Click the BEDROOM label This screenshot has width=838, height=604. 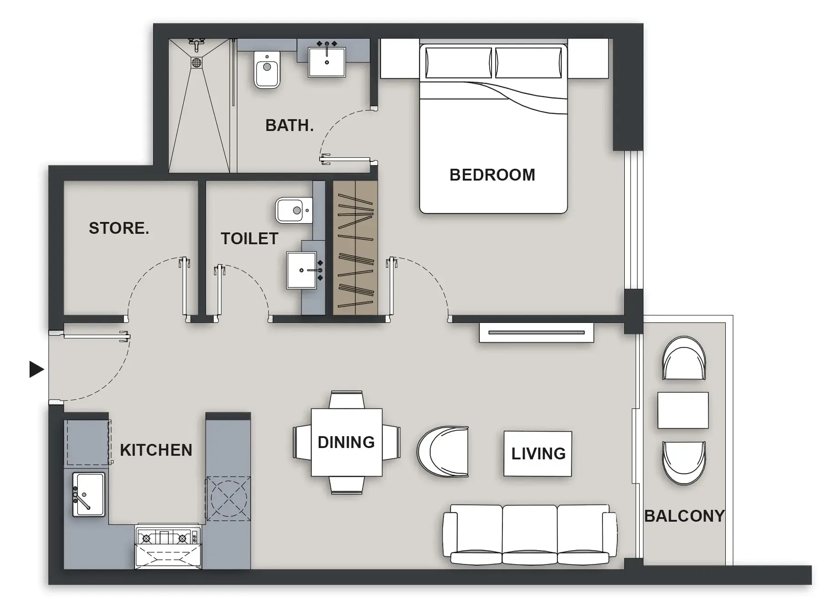[492, 175]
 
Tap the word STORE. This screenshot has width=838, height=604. [119, 228]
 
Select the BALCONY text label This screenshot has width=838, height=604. [684, 516]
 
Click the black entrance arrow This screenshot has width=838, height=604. [36, 369]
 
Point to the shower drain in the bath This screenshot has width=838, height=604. [196, 62]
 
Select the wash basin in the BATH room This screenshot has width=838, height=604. [326, 61]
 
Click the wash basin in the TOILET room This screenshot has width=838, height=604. [301, 271]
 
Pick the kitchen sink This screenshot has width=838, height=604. [89, 494]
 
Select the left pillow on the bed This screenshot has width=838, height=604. [458, 63]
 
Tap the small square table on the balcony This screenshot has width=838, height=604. [682, 410]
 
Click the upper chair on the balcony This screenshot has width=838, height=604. [684, 358]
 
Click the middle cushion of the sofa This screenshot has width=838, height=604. [529, 532]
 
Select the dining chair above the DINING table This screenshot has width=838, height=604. [346, 400]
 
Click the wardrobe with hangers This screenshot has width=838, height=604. [355, 248]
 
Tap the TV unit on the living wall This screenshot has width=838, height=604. [536, 332]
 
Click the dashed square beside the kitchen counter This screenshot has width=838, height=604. [228, 498]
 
